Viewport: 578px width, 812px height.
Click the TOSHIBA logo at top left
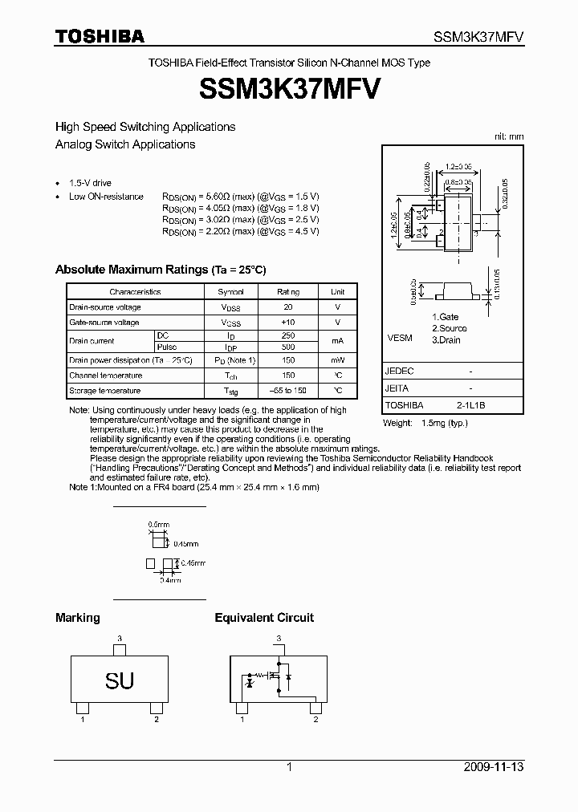click(100, 36)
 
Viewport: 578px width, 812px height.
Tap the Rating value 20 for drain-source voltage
click(288, 307)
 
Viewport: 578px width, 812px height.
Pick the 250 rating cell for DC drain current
click(288, 335)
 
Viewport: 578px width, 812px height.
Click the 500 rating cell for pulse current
click(288, 347)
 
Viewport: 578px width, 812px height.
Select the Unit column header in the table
click(338, 292)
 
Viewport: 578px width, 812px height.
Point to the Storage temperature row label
click(104, 391)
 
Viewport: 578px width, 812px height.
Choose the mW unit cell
click(338, 361)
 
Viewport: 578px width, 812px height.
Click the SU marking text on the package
click(120, 681)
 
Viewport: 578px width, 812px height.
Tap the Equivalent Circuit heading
click(264, 618)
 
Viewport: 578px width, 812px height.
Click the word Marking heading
click(78, 618)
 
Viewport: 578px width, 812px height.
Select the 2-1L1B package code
click(470, 406)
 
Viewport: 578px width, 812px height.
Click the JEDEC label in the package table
click(399, 371)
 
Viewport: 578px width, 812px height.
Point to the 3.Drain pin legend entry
click(447, 339)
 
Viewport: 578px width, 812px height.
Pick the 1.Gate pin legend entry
click(446, 318)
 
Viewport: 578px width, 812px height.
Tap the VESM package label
click(399, 338)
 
